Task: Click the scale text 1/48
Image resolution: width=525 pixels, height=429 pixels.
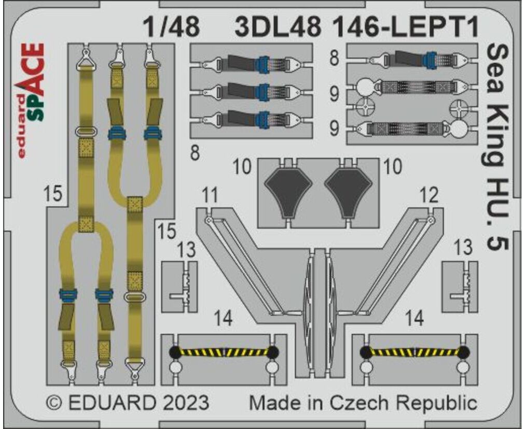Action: point(171,27)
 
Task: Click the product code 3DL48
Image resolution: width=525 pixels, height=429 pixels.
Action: point(278,27)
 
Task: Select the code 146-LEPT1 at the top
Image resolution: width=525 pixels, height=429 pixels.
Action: point(406,27)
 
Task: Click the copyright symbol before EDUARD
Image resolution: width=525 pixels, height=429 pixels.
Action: point(54,403)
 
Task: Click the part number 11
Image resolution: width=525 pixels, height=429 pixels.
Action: point(210,196)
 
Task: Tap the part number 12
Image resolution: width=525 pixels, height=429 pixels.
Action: point(429,195)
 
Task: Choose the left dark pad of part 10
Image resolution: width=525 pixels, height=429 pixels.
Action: point(288,191)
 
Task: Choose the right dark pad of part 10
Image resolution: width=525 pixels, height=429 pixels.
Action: point(348,191)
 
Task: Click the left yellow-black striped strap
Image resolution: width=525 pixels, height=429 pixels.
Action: point(224,352)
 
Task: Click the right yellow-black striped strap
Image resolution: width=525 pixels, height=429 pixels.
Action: point(414,352)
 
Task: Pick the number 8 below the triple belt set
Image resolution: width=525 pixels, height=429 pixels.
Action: point(195,153)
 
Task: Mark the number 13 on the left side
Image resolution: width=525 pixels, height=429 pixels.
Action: point(186,250)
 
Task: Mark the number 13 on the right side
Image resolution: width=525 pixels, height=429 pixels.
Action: point(463,248)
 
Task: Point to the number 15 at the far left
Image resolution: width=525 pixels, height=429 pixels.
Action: point(53,194)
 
